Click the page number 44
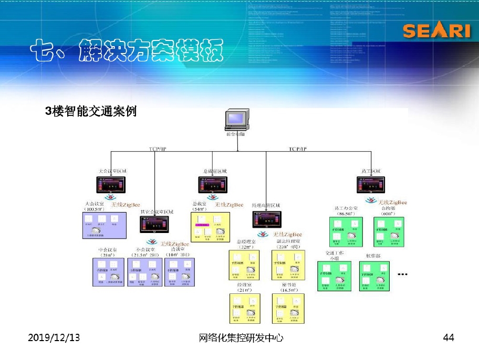(x=448, y=338)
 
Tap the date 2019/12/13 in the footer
(x=54, y=338)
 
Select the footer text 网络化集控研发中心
(x=242, y=338)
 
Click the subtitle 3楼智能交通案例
(x=91, y=111)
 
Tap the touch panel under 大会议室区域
(x=111, y=185)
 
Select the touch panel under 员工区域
(x=371, y=185)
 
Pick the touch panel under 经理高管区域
(x=266, y=219)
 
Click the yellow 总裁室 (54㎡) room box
(x=210, y=227)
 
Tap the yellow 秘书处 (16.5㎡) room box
(x=288, y=308)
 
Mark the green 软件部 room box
(x=374, y=276)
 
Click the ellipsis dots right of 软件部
(x=403, y=274)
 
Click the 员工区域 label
(x=371, y=172)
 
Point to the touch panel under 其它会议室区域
(x=154, y=224)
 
